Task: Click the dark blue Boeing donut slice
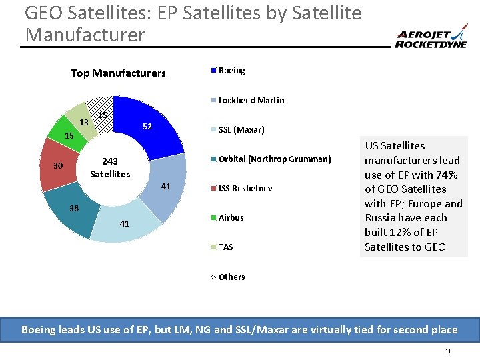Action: [x=157, y=127]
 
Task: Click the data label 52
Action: [x=147, y=127]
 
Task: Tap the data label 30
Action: [x=59, y=166]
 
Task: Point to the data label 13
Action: [x=83, y=123]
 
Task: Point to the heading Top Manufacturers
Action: [x=118, y=73]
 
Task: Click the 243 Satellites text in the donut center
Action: [x=110, y=168]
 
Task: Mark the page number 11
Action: [x=448, y=351]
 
